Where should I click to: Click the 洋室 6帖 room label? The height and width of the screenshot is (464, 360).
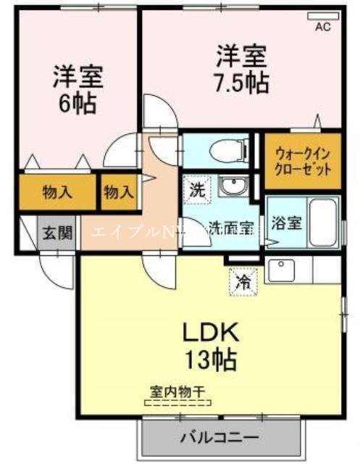[x=76, y=88]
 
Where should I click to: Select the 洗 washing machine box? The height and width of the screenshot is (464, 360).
[x=197, y=191]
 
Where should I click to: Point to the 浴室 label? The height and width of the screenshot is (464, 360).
[x=282, y=223]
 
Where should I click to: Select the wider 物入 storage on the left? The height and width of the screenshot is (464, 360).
[x=58, y=193]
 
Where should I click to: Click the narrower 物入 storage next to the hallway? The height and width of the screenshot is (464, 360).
[x=118, y=193]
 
